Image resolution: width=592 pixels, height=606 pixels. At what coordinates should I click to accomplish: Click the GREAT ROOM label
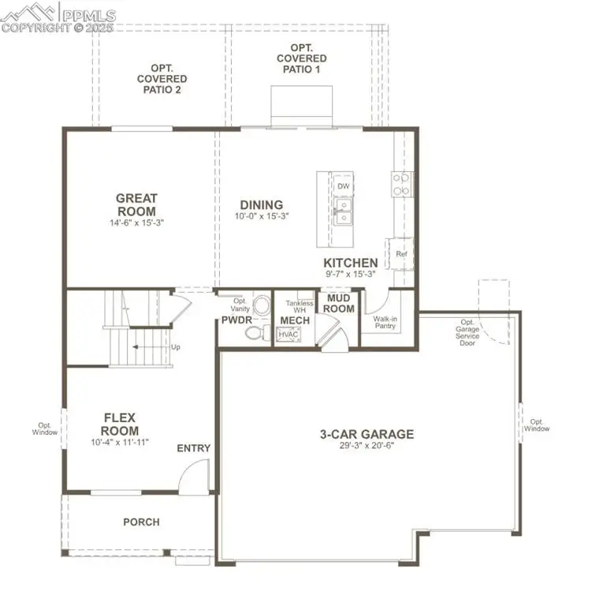136,205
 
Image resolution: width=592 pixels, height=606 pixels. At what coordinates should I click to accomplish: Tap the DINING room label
261,204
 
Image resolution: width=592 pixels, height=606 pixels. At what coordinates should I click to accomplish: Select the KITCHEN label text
350,263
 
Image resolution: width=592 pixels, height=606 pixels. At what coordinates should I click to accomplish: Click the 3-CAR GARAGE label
366,434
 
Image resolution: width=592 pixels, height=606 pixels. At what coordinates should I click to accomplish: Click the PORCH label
141,522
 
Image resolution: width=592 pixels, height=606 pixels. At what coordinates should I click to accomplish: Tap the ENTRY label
193,448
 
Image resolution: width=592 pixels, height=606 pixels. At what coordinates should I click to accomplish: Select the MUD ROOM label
338,303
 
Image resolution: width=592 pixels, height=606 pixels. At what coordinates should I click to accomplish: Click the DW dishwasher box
343,186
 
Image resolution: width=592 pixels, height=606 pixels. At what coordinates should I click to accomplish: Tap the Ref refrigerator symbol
401,253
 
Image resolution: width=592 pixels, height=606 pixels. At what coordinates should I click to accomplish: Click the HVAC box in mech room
287,335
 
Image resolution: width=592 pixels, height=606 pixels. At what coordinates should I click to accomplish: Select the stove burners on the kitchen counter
401,184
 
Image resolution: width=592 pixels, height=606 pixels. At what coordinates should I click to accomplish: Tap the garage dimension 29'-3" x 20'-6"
366,446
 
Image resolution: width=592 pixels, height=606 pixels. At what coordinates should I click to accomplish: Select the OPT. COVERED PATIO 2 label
162,79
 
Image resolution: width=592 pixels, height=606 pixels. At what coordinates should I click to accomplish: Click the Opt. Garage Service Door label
467,332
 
